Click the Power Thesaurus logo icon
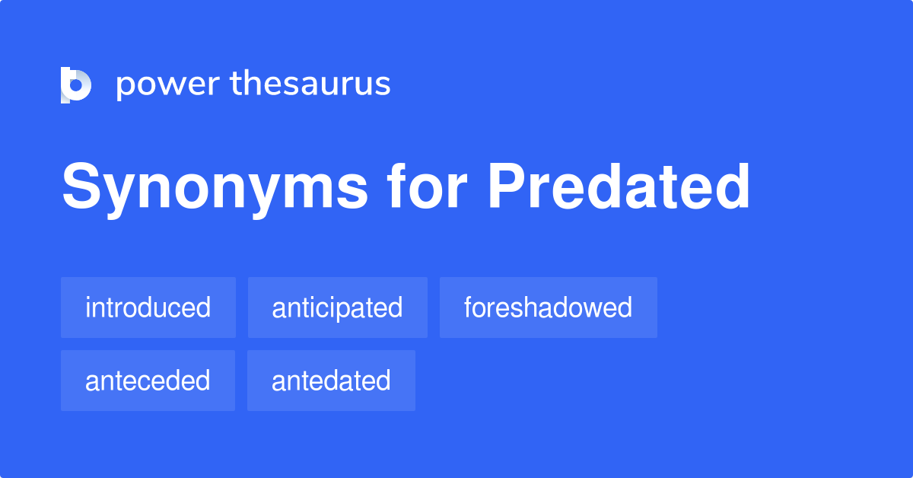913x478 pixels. pos(76,84)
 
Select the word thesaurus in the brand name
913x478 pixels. pos(310,84)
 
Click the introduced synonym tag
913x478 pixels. pos(148,308)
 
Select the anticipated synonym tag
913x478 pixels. pos(337,308)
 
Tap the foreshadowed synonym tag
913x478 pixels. pos(548,308)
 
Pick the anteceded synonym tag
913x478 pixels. pos(148,381)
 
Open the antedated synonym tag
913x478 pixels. pos(331,381)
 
